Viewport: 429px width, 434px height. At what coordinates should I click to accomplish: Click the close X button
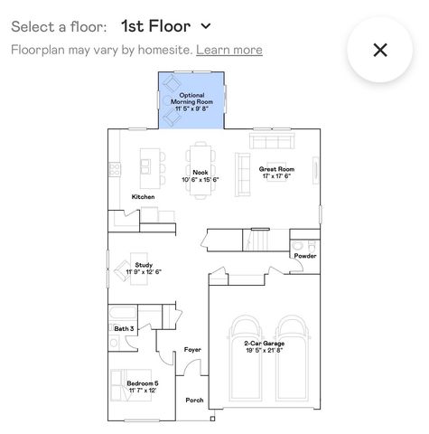pos(380,50)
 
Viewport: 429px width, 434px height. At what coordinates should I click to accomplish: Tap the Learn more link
pos(229,50)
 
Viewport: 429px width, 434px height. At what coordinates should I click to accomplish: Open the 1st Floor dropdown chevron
pos(206,26)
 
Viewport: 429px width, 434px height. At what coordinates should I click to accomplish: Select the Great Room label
pos(276,172)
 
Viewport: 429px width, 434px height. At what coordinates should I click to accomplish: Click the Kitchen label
pos(143,197)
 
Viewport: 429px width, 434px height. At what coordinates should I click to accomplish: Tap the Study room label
pos(143,268)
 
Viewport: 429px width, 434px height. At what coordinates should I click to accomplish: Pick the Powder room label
pos(305,256)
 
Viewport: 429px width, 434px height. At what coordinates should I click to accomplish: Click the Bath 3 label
pos(124,328)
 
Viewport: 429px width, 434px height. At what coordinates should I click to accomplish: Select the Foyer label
pos(192,349)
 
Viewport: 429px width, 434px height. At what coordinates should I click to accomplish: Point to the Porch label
pos(194,400)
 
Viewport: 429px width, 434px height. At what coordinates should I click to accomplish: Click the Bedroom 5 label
pos(143,386)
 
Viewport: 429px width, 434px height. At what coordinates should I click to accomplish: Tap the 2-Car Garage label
pos(264,345)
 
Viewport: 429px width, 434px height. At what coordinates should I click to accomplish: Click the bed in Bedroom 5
pos(121,385)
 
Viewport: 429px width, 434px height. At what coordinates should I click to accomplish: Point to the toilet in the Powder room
pos(300,244)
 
